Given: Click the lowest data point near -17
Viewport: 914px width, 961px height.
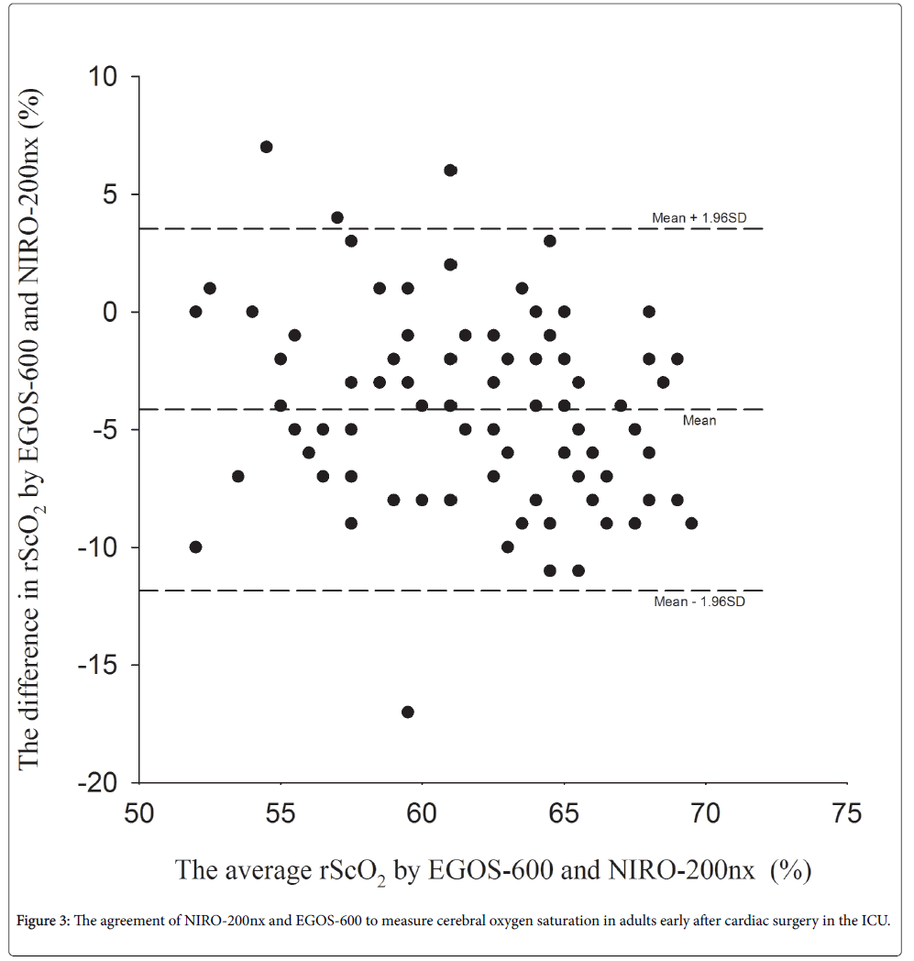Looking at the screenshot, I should (x=408, y=712).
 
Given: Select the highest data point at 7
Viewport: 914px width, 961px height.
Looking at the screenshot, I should (x=266, y=147).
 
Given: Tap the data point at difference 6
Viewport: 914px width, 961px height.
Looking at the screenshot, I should (x=450, y=171).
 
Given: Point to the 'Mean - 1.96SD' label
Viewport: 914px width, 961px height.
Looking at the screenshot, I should (x=694, y=602).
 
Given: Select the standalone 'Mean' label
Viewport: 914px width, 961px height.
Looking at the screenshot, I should (x=699, y=420).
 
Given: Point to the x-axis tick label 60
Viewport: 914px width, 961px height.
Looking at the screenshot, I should (x=422, y=813).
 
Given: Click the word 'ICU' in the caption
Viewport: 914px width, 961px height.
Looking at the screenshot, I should (x=875, y=921).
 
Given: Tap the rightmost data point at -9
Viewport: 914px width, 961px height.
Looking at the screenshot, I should (x=691, y=524).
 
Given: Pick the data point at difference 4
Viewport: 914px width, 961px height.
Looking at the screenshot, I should (x=337, y=217).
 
